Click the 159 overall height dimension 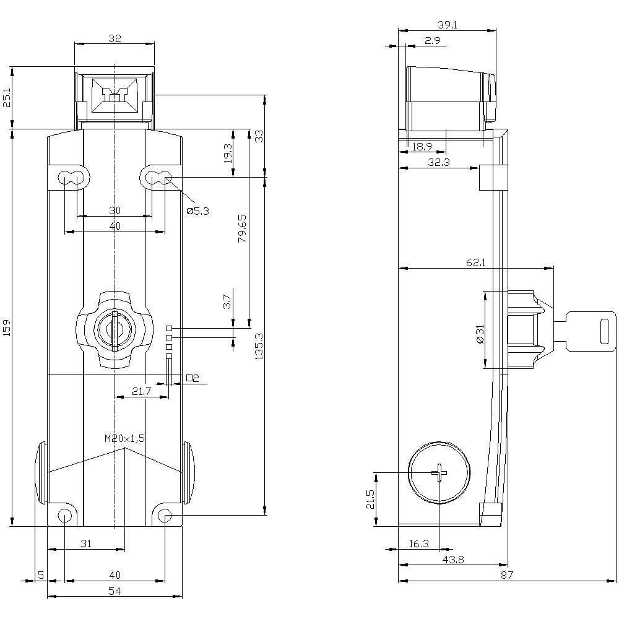pyautogui.click(x=7, y=327)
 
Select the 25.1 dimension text pyautogui.click(x=7, y=98)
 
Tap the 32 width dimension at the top pyautogui.click(x=115, y=38)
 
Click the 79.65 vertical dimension pyautogui.click(x=242, y=228)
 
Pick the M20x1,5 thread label pyautogui.click(x=124, y=438)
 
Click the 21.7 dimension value pyautogui.click(x=142, y=391)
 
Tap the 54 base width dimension pyautogui.click(x=115, y=591)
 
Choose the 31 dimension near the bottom pyautogui.click(x=87, y=543)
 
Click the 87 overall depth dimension pyautogui.click(x=508, y=576)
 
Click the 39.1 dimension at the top pyautogui.click(x=448, y=25)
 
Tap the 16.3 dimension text pyautogui.click(x=419, y=543)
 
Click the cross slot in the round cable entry pyautogui.click(x=439, y=474)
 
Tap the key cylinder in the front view pyautogui.click(x=115, y=328)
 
